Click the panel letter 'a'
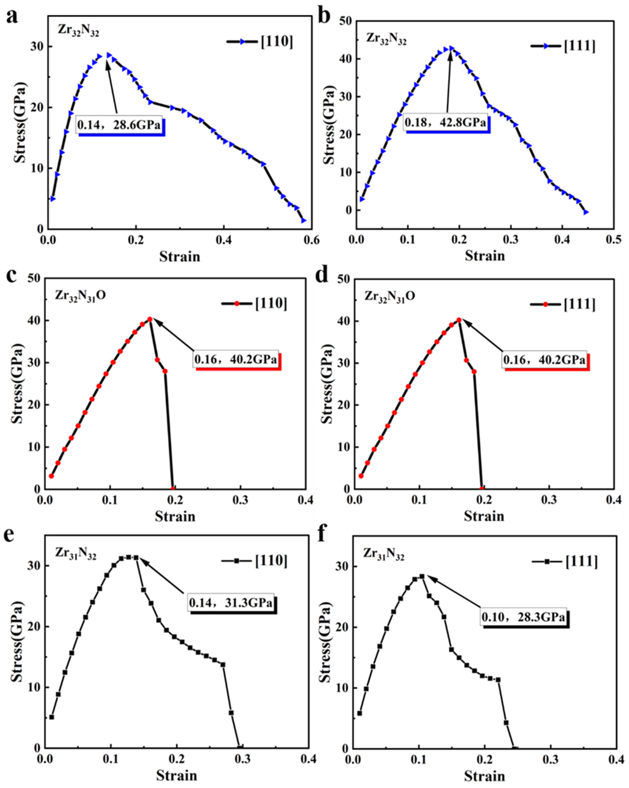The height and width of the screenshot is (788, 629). click(x=12, y=16)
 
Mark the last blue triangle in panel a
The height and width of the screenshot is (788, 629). click(x=303, y=220)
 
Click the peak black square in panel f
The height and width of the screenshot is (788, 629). click(x=422, y=576)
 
